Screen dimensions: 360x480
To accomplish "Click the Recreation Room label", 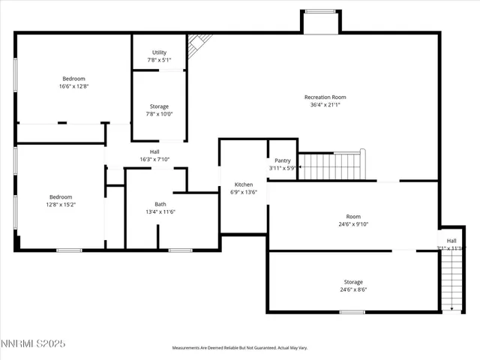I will click(x=325, y=97).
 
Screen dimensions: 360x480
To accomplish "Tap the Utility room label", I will click(x=159, y=52).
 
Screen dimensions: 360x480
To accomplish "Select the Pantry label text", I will click(x=282, y=160).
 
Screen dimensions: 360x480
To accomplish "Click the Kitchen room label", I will click(x=244, y=184).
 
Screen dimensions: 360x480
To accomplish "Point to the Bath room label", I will click(x=160, y=204).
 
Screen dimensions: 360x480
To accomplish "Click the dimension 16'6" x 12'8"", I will click(x=73, y=87).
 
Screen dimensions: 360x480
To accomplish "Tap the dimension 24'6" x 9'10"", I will click(x=352, y=224).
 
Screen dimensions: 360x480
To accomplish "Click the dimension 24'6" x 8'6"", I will click(x=353, y=289).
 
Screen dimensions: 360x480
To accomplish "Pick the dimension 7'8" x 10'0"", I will click(x=159, y=115).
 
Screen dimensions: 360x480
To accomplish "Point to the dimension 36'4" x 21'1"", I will click(x=325, y=105).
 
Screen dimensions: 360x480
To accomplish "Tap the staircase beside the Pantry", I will click(x=331, y=166).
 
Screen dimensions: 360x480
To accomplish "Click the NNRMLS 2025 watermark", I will click(x=34, y=343).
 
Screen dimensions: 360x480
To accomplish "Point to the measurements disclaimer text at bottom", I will click(x=240, y=348).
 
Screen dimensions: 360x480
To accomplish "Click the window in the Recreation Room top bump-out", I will click(x=321, y=11).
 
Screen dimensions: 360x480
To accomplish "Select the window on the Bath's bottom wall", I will click(x=179, y=250).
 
